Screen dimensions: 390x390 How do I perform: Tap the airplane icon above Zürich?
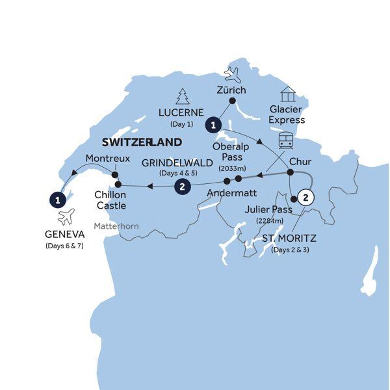click(232, 74)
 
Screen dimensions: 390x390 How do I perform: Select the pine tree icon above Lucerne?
click(183, 96)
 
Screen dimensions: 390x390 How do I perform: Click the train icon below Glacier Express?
click(286, 140)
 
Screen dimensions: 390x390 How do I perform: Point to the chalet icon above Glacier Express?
click(287, 95)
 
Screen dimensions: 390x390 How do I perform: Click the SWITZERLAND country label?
click(140, 142)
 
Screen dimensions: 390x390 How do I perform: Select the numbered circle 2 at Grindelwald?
click(183, 187)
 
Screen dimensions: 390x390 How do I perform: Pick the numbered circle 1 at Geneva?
click(58, 198)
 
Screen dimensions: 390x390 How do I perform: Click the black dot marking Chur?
click(290, 173)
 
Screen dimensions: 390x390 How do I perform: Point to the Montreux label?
click(109, 158)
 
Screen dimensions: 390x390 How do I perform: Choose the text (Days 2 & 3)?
click(291, 250)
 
